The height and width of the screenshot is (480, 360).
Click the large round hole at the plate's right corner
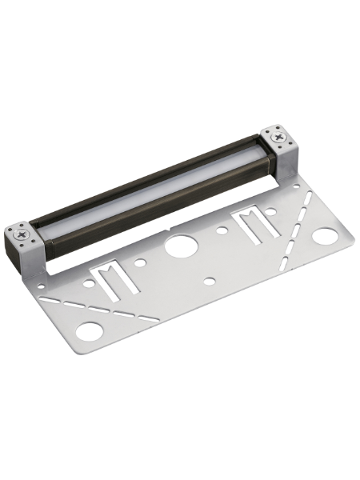click(x=324, y=236)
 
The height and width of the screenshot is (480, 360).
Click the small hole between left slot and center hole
click(x=140, y=262)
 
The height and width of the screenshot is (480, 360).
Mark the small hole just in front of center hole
click(x=210, y=281)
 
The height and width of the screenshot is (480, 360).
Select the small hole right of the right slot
click(x=271, y=212)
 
